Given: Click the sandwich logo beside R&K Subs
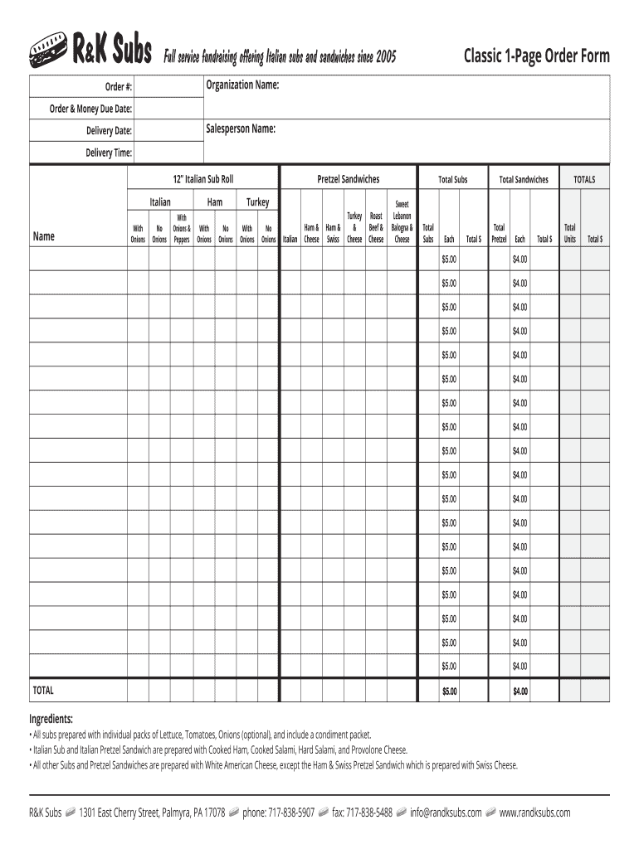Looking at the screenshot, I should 47,51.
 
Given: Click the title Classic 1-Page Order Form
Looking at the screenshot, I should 536,56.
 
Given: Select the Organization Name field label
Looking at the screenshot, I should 242,85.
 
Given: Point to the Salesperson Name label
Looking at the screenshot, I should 241,129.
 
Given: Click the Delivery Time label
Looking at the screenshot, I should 109,153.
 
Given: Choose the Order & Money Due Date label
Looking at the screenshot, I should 90,109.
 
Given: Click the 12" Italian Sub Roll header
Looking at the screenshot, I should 203,179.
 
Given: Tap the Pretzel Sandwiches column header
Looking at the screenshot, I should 349,179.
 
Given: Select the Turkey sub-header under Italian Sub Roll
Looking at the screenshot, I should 257,201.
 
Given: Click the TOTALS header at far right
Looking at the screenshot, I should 584,179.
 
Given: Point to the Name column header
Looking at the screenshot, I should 43,236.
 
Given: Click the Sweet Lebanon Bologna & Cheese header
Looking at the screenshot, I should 402,221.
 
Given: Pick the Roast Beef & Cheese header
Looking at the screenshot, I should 376,227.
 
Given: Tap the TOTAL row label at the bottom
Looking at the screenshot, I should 42,690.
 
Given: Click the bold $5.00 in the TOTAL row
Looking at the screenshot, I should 449,691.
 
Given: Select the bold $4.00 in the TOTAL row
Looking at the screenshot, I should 520,691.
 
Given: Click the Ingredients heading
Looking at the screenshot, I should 51,718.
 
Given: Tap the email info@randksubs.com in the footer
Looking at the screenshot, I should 446,813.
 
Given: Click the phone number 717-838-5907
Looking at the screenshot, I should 278,813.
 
